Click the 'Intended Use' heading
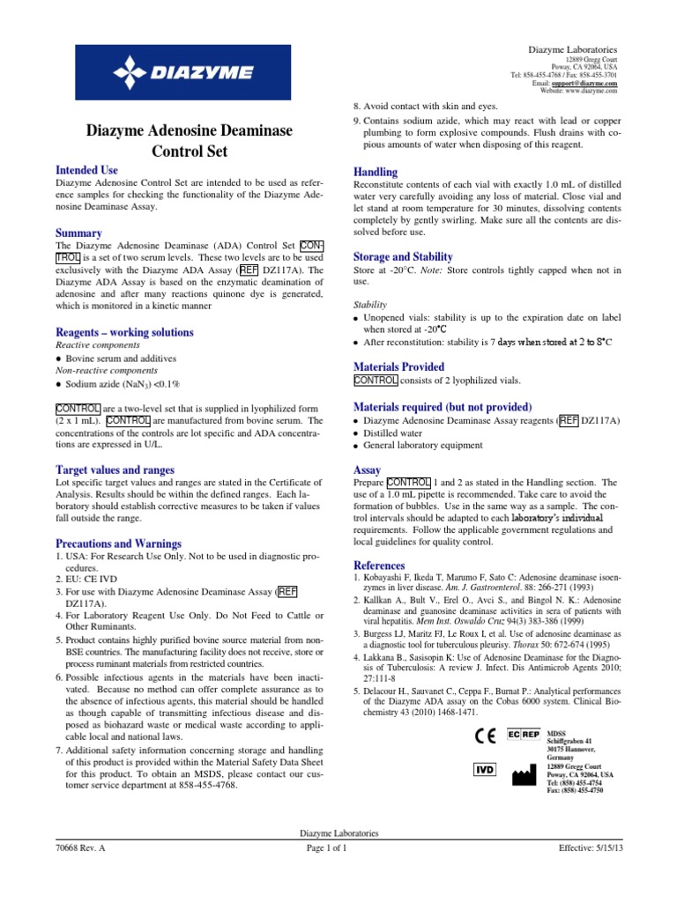[x=86, y=169]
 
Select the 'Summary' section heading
[x=79, y=233]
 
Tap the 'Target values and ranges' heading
[x=115, y=469]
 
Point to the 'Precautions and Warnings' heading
[x=120, y=544]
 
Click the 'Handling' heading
[x=375, y=172]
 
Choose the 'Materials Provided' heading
[x=398, y=366]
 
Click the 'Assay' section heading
[x=367, y=469]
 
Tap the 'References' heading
[x=380, y=565]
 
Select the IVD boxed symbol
[x=485, y=769]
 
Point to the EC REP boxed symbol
[x=524, y=733]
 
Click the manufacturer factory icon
[x=524, y=772]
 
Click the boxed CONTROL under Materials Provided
[x=376, y=381]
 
